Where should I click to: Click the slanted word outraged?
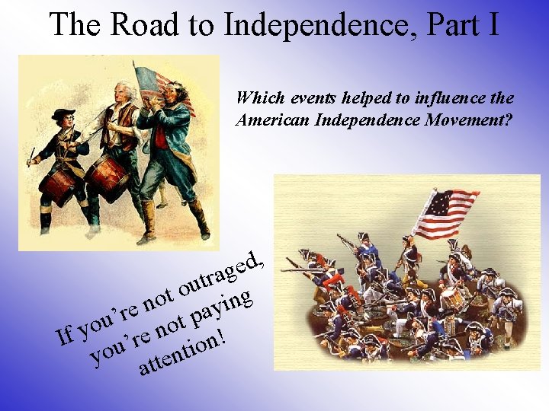tap(221, 273)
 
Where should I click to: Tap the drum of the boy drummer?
tap(59, 183)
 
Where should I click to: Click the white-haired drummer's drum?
tap(106, 176)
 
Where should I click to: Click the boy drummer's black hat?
tap(63, 115)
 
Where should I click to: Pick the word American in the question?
tap(271, 119)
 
